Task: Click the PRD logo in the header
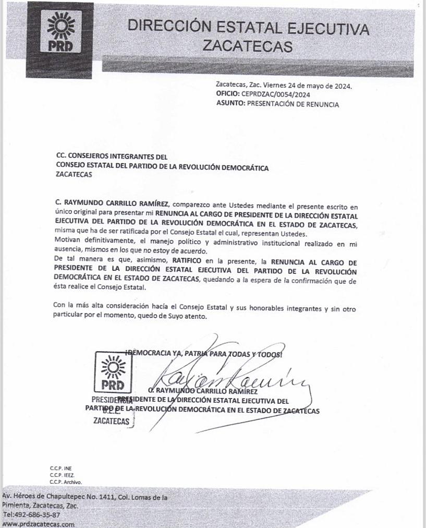click(x=61, y=32)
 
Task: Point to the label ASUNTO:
click(x=230, y=104)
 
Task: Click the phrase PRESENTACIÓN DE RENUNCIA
click(x=293, y=104)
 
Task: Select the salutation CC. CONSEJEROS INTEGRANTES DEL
click(x=112, y=156)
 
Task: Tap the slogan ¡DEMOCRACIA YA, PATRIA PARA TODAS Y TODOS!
click(x=204, y=354)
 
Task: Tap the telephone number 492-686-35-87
click(x=30, y=514)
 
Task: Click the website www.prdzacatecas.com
click(x=38, y=524)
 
